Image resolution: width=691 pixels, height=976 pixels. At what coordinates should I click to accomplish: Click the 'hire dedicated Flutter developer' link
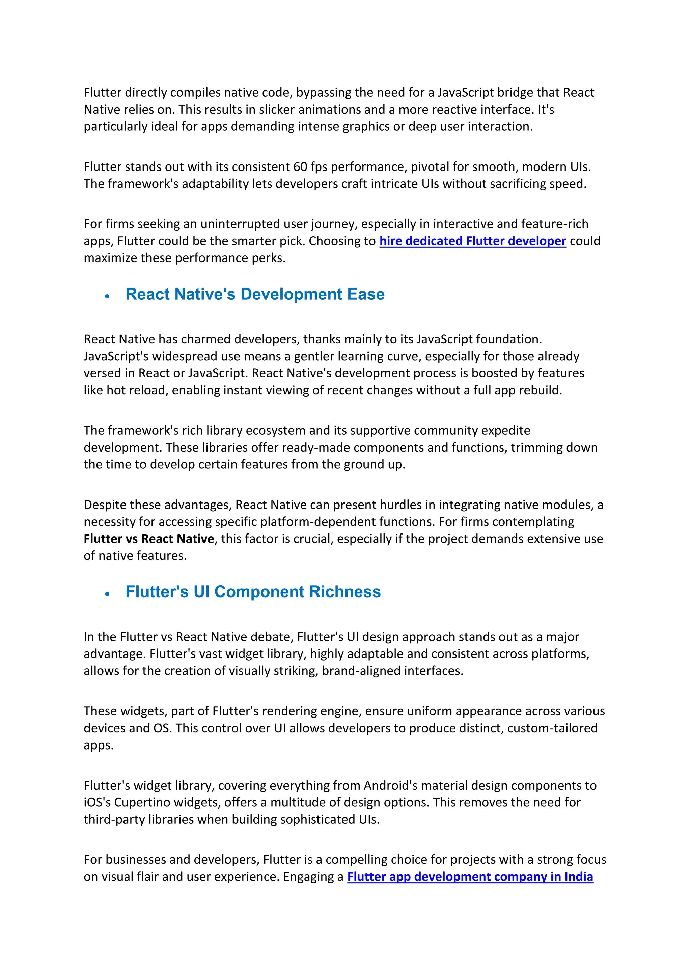(472, 241)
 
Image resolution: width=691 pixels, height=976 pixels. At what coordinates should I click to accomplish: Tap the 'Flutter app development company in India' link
(470, 877)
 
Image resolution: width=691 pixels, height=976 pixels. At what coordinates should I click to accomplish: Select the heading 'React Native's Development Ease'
(255, 294)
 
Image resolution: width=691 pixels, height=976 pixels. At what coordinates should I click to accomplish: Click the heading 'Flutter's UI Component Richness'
(253, 592)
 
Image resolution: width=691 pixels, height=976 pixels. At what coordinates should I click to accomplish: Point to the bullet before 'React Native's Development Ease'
(107, 296)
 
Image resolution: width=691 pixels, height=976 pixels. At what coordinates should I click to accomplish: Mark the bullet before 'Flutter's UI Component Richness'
(107, 594)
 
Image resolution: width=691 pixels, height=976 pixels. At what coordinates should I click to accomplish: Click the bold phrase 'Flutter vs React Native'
(148, 539)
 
